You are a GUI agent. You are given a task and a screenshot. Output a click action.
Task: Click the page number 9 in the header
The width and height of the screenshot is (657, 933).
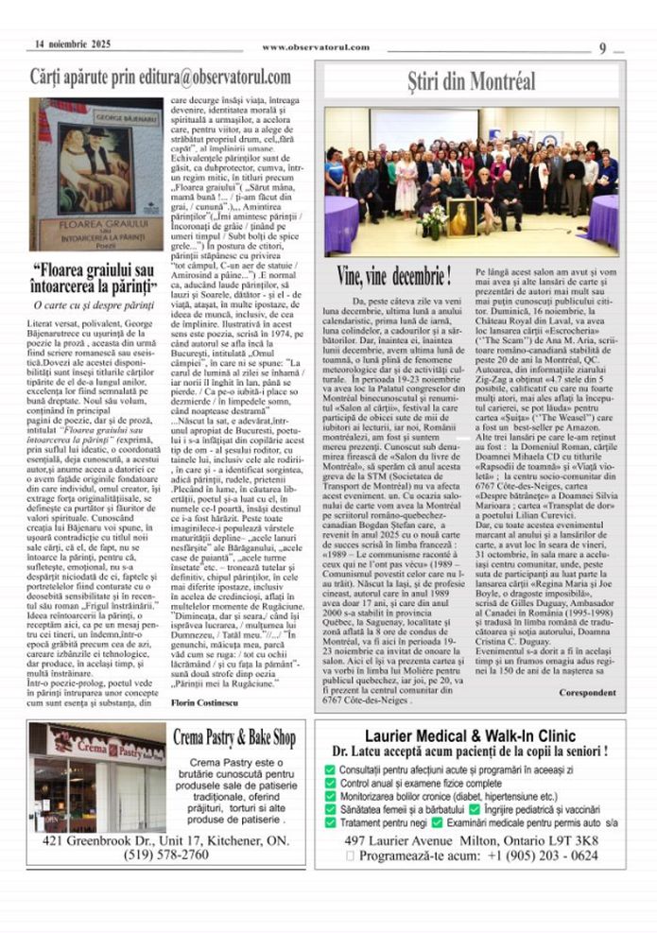603,48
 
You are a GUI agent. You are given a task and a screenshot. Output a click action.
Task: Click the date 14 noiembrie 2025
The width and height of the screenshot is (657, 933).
73,44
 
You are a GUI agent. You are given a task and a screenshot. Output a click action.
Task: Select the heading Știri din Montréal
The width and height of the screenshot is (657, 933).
472,80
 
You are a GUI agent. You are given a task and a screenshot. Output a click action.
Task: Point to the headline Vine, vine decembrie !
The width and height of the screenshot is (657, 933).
394,276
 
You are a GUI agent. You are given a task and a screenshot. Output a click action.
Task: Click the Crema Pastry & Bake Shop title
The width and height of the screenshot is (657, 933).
234,736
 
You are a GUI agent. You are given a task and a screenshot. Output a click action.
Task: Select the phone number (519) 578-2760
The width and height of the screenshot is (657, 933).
167,854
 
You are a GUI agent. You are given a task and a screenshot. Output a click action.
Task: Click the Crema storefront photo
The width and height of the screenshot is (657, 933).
97,777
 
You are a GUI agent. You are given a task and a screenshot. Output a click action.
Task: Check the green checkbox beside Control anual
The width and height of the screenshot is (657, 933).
330,784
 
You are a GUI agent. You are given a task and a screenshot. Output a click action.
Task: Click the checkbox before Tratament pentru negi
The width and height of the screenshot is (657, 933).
330,822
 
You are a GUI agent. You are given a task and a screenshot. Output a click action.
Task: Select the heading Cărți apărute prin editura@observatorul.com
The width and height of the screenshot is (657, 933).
160,77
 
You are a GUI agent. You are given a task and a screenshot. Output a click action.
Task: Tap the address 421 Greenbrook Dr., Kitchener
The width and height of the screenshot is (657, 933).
165,839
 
